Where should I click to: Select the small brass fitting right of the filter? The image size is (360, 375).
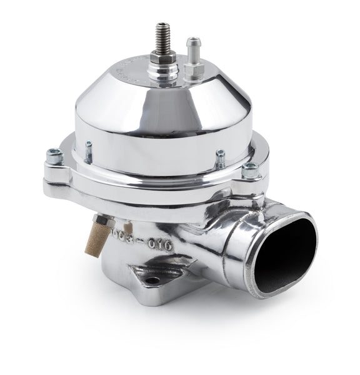coord(129,229)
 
